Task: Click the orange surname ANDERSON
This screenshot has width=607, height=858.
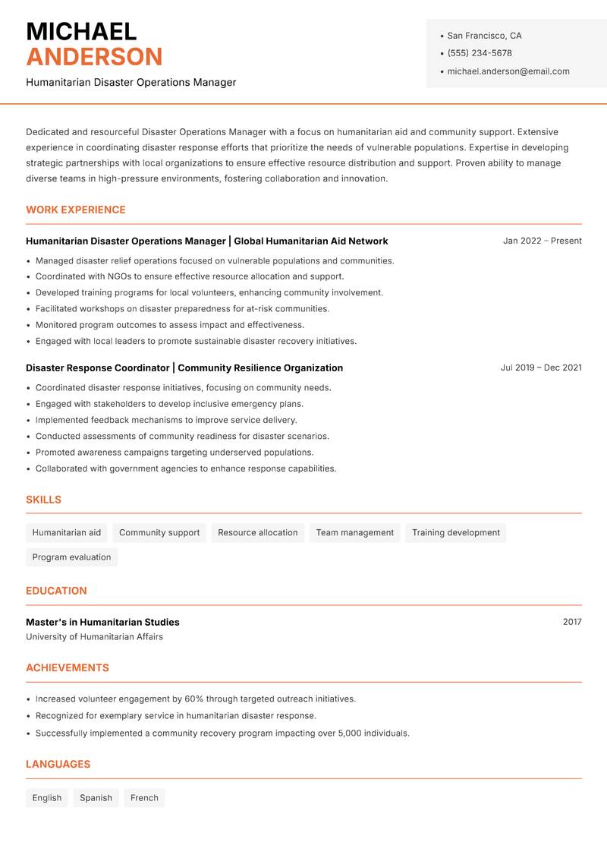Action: click(94, 57)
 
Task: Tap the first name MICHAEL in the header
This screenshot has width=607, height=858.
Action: click(81, 31)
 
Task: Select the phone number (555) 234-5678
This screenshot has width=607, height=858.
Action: click(480, 53)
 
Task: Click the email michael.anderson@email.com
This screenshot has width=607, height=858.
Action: click(508, 71)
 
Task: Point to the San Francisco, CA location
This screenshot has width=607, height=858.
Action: click(484, 36)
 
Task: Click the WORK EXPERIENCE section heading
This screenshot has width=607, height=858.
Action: click(76, 210)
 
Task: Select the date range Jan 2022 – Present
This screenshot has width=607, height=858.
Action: click(542, 241)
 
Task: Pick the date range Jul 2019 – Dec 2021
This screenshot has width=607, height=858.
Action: click(541, 367)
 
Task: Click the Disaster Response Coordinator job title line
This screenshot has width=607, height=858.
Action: click(184, 367)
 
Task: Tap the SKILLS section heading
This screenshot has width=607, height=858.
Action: click(43, 500)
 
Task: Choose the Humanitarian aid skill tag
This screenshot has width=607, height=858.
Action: click(67, 533)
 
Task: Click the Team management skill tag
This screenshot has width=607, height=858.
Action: click(355, 533)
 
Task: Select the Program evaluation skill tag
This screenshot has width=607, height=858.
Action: click(71, 557)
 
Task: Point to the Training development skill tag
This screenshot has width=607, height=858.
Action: click(456, 533)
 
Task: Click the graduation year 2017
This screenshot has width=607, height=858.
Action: click(572, 622)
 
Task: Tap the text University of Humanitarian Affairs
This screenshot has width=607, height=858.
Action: click(94, 637)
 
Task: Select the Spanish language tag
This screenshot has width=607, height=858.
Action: click(96, 798)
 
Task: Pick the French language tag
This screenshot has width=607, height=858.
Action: click(144, 798)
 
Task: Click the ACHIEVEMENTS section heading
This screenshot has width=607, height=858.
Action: click(68, 668)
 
